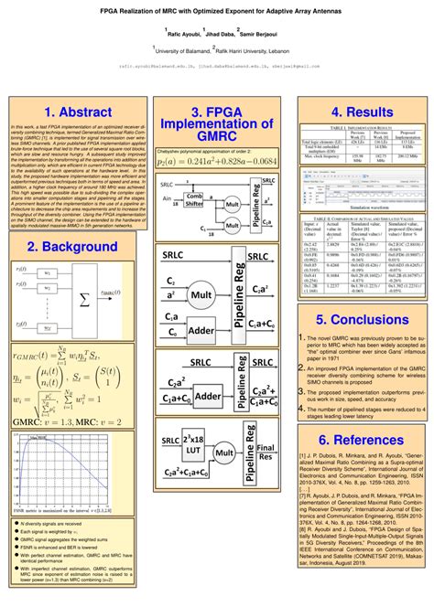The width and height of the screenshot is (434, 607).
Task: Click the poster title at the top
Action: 217,7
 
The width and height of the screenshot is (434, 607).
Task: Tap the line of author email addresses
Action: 217,66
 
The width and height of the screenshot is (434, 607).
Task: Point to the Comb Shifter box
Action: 194,201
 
